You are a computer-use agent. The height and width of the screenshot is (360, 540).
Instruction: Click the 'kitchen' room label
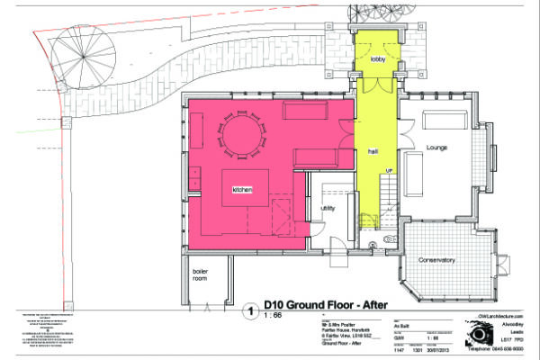(242, 190)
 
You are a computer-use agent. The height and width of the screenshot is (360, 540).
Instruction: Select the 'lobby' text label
(376, 59)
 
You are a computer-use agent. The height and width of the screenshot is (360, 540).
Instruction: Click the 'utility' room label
(328, 207)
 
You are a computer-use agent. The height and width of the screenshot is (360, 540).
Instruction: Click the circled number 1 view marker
(248, 311)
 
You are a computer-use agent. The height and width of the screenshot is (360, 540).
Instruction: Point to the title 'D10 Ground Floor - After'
(326, 304)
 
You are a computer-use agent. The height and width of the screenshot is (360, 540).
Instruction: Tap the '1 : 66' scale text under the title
(272, 318)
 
